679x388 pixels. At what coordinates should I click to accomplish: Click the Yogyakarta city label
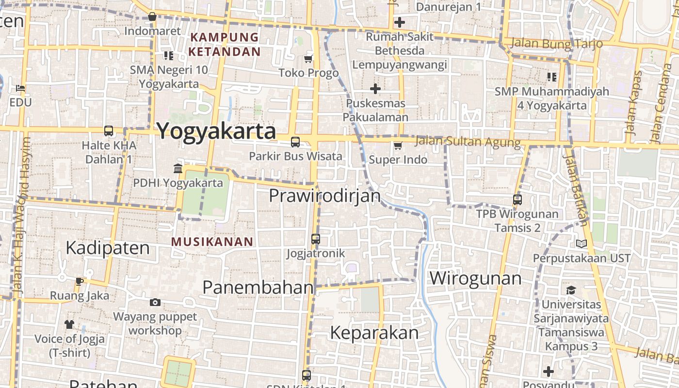click(x=216, y=131)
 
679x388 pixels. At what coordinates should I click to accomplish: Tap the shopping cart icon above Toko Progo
click(x=308, y=59)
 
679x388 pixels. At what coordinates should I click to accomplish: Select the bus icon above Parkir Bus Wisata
click(x=295, y=142)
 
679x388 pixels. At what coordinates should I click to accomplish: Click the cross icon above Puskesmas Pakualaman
click(x=375, y=89)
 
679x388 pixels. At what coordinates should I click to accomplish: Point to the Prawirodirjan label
click(x=325, y=196)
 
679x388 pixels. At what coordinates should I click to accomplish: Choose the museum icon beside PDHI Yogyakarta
click(x=178, y=169)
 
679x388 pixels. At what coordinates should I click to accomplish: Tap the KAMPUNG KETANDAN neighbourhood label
click(x=225, y=44)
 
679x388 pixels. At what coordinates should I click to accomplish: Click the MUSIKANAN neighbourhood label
click(x=212, y=242)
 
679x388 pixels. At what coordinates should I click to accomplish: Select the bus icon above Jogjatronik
click(x=316, y=239)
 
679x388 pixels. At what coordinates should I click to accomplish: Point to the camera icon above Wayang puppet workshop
click(x=155, y=303)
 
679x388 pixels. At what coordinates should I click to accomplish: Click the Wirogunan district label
click(x=476, y=278)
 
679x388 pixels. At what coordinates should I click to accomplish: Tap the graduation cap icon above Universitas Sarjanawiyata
click(x=571, y=291)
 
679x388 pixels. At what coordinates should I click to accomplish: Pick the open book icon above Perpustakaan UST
click(x=581, y=244)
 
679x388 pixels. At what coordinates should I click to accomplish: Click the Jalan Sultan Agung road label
click(x=468, y=142)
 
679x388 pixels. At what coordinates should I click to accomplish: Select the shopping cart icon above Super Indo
click(x=398, y=145)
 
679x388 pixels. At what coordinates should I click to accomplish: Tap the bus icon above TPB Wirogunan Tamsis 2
click(x=517, y=200)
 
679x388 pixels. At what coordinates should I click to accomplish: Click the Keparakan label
click(x=374, y=333)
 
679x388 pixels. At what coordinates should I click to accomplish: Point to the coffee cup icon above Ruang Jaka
click(x=80, y=281)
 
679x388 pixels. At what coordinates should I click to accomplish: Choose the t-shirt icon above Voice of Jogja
click(x=69, y=324)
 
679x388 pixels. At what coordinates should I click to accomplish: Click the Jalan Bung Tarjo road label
click(x=557, y=43)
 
